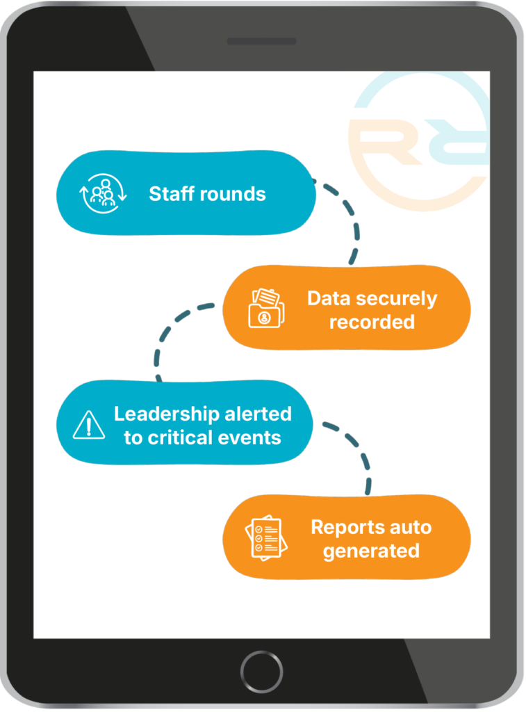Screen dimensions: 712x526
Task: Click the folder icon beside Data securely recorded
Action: [x=266, y=308]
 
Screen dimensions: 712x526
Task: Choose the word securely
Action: [x=398, y=299]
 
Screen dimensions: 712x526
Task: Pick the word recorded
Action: [x=372, y=322]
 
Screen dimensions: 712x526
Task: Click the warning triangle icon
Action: [x=88, y=425]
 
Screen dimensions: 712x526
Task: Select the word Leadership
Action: [x=167, y=414]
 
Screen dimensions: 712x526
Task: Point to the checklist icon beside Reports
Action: [x=265, y=537]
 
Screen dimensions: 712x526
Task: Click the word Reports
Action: [x=345, y=527]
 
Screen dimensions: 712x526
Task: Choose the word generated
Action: [x=371, y=551]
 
